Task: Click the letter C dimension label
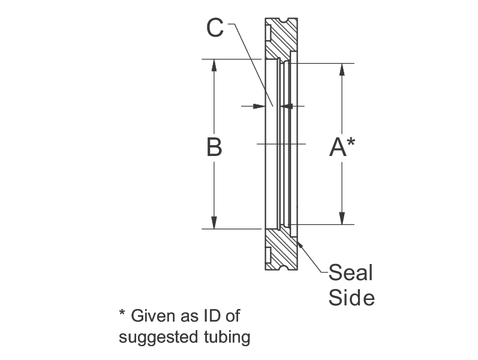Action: tap(215, 28)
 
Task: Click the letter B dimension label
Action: tap(214, 147)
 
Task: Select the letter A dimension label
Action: tap(338, 147)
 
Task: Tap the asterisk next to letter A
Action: tap(351, 142)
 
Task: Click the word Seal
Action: tap(351, 272)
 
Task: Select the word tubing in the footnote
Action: tap(227, 338)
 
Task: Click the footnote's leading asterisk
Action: tap(122, 313)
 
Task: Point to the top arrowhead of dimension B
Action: tap(214, 65)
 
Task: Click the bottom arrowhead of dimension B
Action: tap(214, 223)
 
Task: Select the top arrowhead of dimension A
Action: tap(342, 70)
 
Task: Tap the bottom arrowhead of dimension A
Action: tap(342, 218)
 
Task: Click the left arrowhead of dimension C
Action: tap(260, 106)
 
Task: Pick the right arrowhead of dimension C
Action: tap(287, 106)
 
